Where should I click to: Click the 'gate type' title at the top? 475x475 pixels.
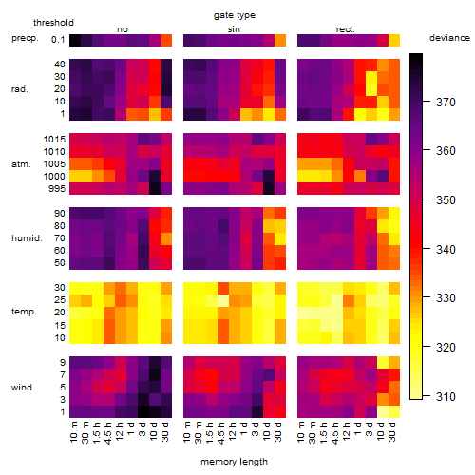click(235, 15)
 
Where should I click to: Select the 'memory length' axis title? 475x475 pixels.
click(234, 462)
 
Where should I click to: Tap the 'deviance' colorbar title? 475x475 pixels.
click(449, 38)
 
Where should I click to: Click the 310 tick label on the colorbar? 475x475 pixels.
click(446, 396)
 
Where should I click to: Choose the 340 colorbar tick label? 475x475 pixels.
click(446, 250)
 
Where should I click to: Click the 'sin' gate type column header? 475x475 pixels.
click(234, 29)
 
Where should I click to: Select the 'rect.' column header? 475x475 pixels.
click(346, 29)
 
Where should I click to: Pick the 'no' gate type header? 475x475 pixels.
click(123, 29)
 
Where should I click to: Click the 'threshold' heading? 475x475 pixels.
click(53, 23)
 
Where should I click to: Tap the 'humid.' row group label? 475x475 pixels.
click(27, 238)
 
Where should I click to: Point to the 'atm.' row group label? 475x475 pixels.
click(21, 164)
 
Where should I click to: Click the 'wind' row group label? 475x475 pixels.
click(22, 388)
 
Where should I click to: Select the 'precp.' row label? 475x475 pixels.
click(25, 39)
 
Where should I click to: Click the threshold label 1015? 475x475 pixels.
click(54, 140)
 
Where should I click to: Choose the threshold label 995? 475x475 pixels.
click(57, 189)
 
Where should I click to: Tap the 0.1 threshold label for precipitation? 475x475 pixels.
click(58, 40)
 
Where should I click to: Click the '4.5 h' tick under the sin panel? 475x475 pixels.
click(221, 433)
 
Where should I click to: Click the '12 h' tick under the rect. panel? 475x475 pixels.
click(347, 431)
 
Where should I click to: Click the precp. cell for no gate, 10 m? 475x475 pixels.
click(75, 41)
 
